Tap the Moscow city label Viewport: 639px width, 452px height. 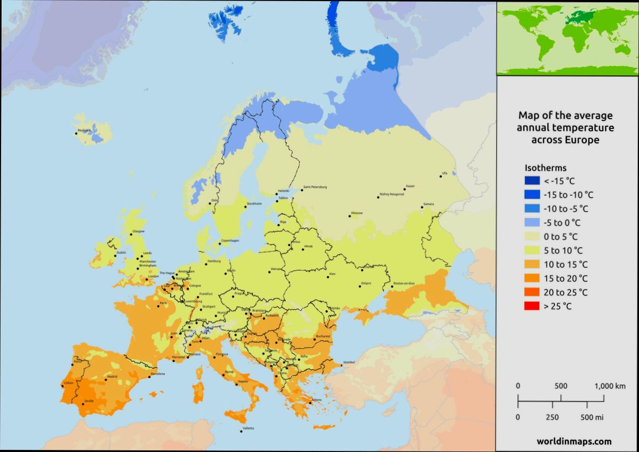[357, 213]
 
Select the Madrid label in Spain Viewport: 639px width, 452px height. [112, 377]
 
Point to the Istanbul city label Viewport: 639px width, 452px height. [348, 362]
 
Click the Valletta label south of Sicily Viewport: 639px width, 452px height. [248, 428]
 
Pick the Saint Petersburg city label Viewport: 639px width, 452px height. [315, 187]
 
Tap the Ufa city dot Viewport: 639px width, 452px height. [440, 176]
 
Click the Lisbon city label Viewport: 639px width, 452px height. [69, 383]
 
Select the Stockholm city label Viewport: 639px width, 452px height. [254, 204]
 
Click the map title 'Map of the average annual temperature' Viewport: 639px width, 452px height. [565, 121]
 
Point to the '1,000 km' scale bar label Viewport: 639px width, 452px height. [610, 386]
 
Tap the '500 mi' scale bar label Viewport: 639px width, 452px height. [592, 417]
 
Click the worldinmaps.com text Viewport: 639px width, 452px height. [574, 441]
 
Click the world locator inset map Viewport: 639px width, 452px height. [567, 38]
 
